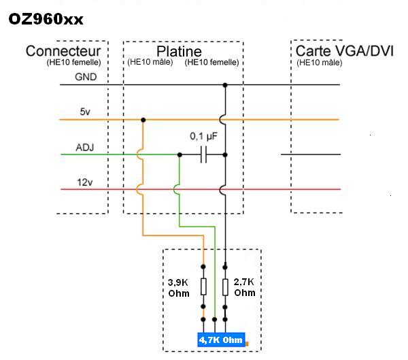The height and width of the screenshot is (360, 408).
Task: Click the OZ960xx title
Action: pos(46,19)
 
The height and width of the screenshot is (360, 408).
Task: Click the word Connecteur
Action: pos(63,52)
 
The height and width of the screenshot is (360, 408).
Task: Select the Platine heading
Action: pos(179,52)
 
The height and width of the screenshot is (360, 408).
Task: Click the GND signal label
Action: pos(86,77)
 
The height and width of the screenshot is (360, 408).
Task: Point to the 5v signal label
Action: pos(85,112)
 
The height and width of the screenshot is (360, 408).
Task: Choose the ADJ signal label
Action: pos(85,147)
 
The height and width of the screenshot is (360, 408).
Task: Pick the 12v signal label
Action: pos(85,182)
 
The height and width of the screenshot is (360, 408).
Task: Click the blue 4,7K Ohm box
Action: pos(221,340)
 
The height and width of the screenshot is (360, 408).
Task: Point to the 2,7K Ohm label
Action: pos(244,287)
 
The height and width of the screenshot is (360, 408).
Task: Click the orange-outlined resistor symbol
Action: pos(203,286)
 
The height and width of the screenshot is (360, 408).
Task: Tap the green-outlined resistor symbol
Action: pos(225,286)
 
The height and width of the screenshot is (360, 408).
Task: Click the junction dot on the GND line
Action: pos(225,85)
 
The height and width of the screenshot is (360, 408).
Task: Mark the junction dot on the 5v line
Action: pos(143,120)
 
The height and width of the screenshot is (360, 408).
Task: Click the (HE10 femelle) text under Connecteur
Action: pos(74,63)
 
